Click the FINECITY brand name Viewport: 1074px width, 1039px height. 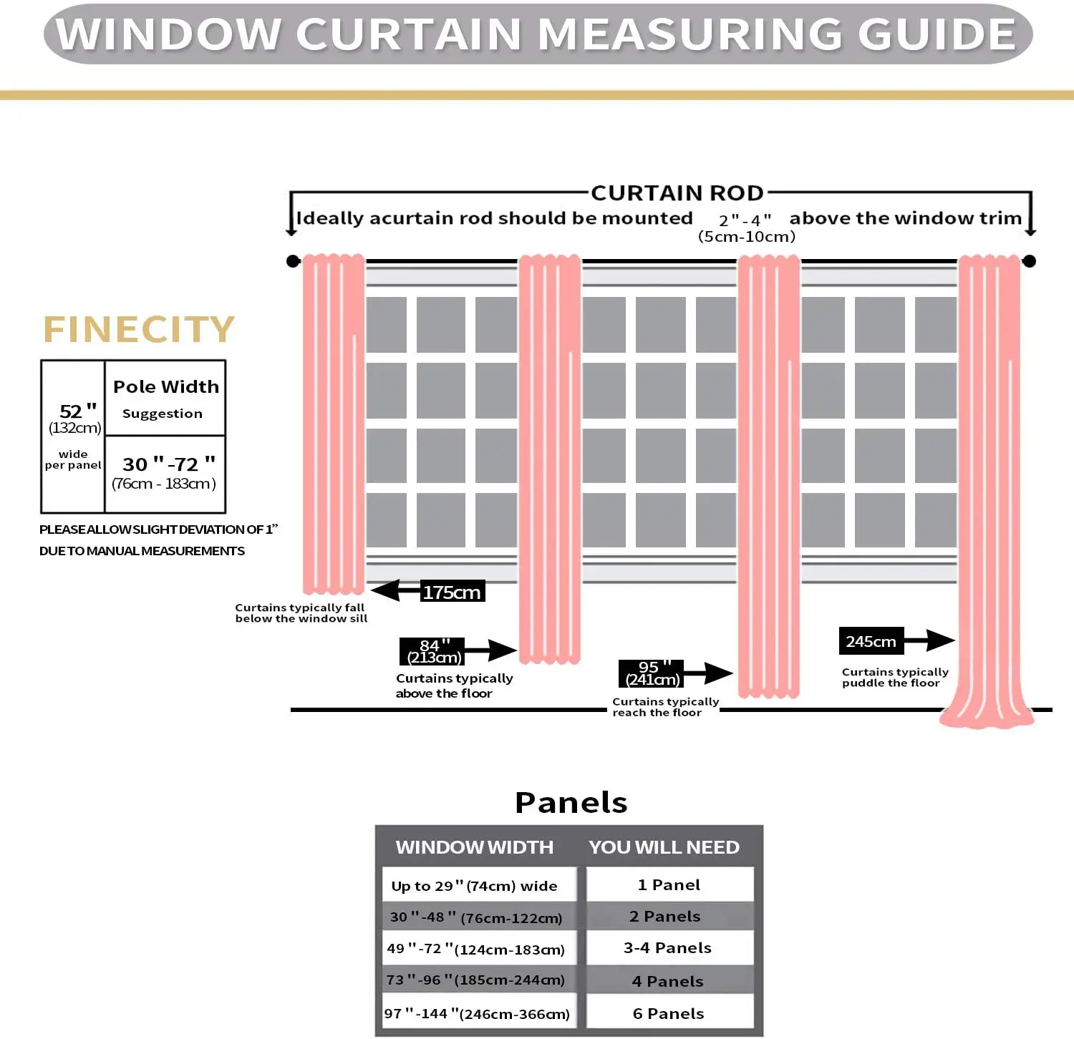(x=139, y=330)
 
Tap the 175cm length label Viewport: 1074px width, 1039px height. (x=452, y=592)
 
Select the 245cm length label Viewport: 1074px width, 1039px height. (x=871, y=641)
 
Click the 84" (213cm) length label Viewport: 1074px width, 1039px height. (x=432, y=651)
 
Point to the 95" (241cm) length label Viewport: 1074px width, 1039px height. (x=651, y=673)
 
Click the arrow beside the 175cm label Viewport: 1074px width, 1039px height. (x=395, y=590)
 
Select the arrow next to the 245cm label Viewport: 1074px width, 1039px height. (x=930, y=640)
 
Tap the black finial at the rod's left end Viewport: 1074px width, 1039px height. (x=293, y=261)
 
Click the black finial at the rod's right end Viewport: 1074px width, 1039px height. (x=1029, y=261)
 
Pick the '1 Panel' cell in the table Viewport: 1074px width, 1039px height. (x=669, y=885)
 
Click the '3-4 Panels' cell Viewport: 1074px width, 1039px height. (x=668, y=948)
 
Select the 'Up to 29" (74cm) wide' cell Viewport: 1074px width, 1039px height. (x=478, y=886)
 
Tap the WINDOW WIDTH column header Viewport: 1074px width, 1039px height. (x=475, y=847)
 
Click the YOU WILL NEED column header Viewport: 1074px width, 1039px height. (x=664, y=847)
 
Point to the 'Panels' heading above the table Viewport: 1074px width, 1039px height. (x=571, y=803)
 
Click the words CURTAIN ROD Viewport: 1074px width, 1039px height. (x=677, y=193)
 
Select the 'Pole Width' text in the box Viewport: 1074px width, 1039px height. (x=166, y=387)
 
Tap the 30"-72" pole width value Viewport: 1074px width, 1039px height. (x=168, y=464)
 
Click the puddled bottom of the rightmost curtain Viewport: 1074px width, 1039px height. (x=987, y=714)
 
